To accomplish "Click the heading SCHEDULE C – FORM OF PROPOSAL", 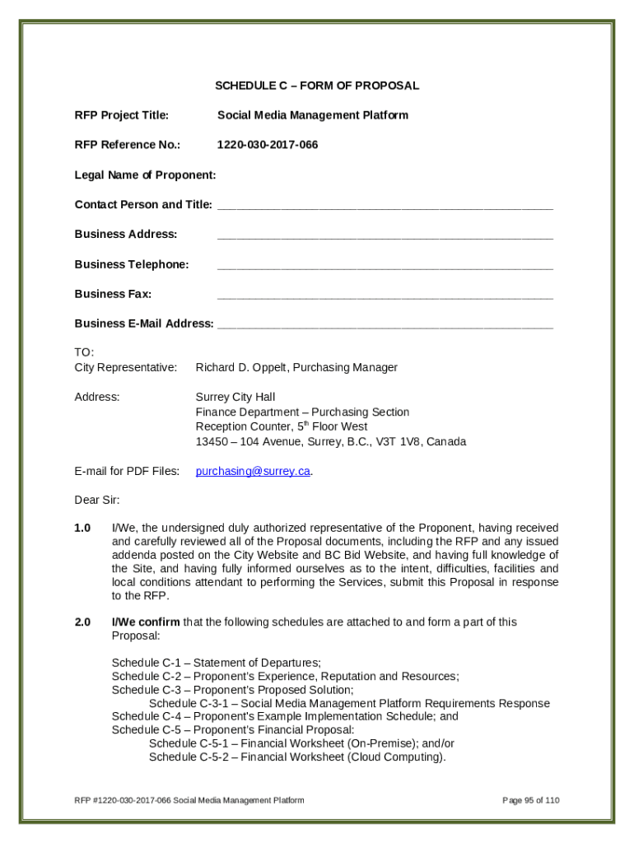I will [x=317, y=86].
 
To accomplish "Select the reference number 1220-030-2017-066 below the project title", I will [x=267, y=145].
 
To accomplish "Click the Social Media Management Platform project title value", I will [x=312, y=115].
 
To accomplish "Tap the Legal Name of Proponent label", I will [x=145, y=175].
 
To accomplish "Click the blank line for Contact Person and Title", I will [x=385, y=207].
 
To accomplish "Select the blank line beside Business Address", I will [x=385, y=236].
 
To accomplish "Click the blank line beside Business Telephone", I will [x=385, y=267].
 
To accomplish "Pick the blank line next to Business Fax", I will [x=385, y=296].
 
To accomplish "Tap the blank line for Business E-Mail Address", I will [x=385, y=326].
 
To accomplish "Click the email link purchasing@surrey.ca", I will [x=253, y=472].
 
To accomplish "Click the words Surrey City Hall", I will [x=235, y=397].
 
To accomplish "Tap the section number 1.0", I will [x=82, y=528].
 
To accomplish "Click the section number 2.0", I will [x=82, y=622].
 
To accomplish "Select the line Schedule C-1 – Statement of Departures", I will [x=216, y=663].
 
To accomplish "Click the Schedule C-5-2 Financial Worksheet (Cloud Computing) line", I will [x=297, y=757].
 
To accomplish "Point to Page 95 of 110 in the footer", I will [x=531, y=800].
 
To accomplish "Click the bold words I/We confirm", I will [x=146, y=622].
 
